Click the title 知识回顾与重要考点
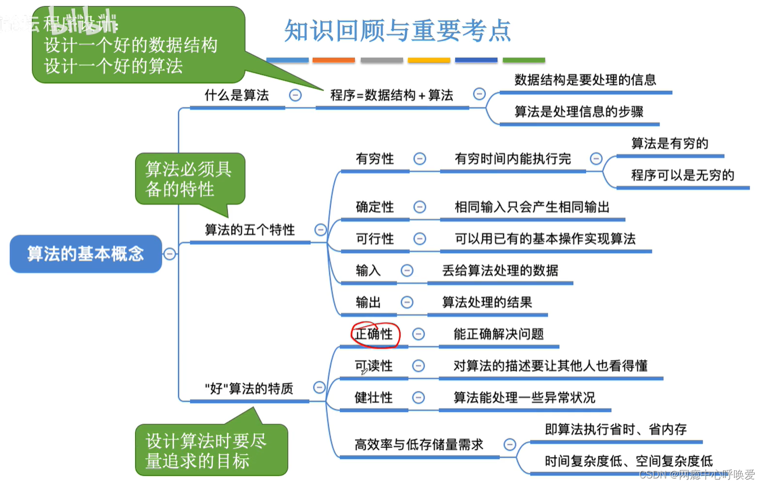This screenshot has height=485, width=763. pyautogui.click(x=398, y=31)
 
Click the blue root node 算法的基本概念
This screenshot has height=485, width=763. pyautogui.click(x=86, y=253)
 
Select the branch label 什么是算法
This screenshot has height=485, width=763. pyautogui.click(x=236, y=95)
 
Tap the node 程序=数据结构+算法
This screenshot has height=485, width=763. pyautogui.click(x=392, y=95)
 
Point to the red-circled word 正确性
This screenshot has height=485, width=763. pyautogui.click(x=374, y=334)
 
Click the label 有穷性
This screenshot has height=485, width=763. pyautogui.click(x=375, y=159)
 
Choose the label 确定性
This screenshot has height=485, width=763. pyautogui.click(x=375, y=207)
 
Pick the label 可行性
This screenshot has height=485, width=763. pyautogui.click(x=375, y=239)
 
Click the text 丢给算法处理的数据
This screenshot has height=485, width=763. pyautogui.click(x=500, y=270)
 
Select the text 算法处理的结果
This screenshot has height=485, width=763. pyautogui.click(x=487, y=302)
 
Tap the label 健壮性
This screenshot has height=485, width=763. pyautogui.click(x=374, y=397)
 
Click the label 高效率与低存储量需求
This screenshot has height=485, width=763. pyautogui.click(x=418, y=444)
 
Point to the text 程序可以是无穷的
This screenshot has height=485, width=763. pyautogui.click(x=682, y=175)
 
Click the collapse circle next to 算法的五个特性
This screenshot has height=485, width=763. pyautogui.click(x=321, y=230)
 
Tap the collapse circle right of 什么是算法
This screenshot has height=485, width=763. pyautogui.click(x=295, y=95)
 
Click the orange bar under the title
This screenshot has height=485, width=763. pyautogui.click(x=334, y=60)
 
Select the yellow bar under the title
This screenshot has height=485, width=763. pyautogui.click(x=429, y=60)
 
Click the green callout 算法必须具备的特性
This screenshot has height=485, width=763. pyautogui.click(x=189, y=179)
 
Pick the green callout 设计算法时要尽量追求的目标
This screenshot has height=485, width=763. pyautogui.click(x=211, y=450)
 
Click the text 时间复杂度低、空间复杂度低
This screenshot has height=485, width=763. pyautogui.click(x=628, y=461)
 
